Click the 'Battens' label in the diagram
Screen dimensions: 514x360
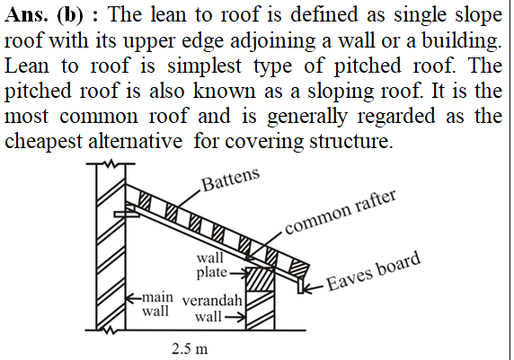point(230,180)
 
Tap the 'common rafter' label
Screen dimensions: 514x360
point(341,212)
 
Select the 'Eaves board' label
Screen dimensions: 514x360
point(374,271)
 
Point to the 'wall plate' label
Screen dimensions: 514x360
point(211,265)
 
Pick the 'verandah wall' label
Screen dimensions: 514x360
point(212,308)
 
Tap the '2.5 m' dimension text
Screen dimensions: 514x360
point(190,349)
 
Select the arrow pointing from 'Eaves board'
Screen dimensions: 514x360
point(314,288)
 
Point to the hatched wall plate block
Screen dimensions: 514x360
point(261,279)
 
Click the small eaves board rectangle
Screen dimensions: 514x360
point(301,285)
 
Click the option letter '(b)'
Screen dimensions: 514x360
point(70,15)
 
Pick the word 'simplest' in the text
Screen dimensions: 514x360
point(205,66)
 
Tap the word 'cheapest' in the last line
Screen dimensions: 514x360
point(44,143)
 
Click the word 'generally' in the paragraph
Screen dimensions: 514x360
point(306,118)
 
